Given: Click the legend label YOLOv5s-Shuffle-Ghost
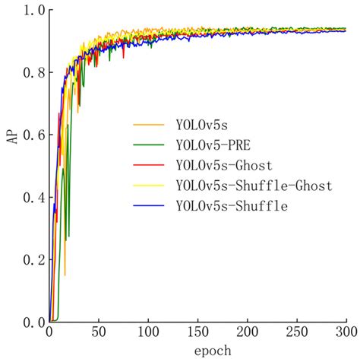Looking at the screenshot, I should click(253, 186).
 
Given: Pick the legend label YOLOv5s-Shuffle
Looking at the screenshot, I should click(231, 206).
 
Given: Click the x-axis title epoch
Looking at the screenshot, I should click(197, 352).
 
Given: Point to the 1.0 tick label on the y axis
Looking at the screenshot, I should click(34, 11).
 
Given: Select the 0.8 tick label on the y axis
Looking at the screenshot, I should click(34, 73).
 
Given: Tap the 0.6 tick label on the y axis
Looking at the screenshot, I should click(34, 135).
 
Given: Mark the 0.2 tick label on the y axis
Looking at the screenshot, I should click(34, 260).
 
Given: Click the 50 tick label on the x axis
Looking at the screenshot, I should click(99, 332).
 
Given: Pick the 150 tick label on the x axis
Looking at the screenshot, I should click(197, 332).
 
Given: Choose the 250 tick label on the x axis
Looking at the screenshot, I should click(296, 332).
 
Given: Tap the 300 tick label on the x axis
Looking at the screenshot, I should click(345, 332).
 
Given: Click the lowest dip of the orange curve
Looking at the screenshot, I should click(65, 275).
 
